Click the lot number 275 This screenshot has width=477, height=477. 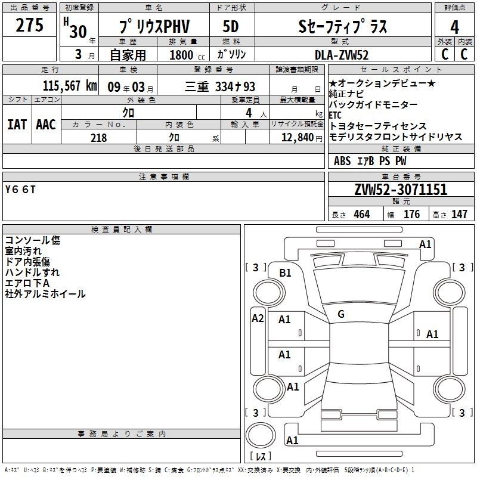pyautogui.click(x=29, y=24)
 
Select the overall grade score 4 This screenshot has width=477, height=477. pyautogui.click(x=454, y=27)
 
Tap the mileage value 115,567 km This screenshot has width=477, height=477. pyautogui.click(x=70, y=86)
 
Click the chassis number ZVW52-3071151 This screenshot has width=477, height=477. pyautogui.click(x=401, y=189)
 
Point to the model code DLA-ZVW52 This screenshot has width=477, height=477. pyautogui.click(x=342, y=55)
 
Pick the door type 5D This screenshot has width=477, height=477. pyautogui.click(x=231, y=26)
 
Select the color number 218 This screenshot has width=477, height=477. pyautogui.click(x=99, y=138)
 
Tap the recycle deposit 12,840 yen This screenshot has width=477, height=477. pyautogui.click(x=302, y=138)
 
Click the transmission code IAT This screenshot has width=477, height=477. pyautogui.click(x=17, y=125)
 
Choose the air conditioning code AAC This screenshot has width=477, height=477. pyautogui.click(x=46, y=125)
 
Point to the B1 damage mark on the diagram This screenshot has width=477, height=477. pyautogui.click(x=285, y=273)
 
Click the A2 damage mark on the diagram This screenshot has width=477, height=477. pyautogui.click(x=258, y=318)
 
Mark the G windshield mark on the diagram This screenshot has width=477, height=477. pyautogui.click(x=341, y=314)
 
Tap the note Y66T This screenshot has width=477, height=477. pyautogui.click(x=20, y=190)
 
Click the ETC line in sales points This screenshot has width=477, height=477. pyautogui.click(x=335, y=115)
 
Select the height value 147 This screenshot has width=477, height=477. pyautogui.click(x=459, y=214)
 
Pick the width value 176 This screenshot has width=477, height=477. pyautogui.click(x=411, y=214)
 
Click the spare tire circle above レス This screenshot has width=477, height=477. pyautogui.click(x=261, y=435)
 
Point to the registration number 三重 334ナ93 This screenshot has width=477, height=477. pyautogui.click(x=220, y=86)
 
